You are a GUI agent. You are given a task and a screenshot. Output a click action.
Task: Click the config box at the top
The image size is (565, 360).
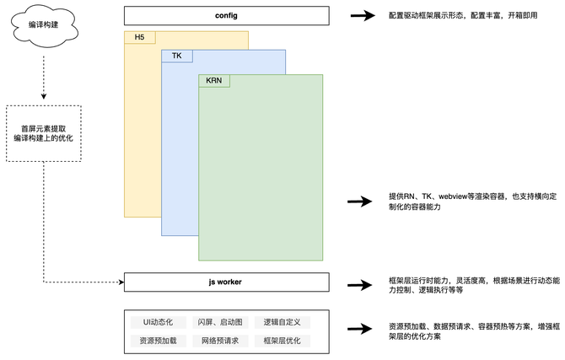[x=226, y=15]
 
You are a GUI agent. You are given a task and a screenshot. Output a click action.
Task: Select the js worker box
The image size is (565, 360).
[x=226, y=282]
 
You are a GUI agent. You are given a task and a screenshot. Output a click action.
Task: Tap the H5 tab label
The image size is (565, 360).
[x=140, y=37]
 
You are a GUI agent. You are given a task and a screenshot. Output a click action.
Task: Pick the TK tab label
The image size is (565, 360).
[x=177, y=56]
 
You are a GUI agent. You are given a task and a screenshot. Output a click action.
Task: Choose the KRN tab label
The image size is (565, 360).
[x=214, y=81]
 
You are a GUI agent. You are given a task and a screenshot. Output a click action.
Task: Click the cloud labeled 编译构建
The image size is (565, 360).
[x=44, y=25]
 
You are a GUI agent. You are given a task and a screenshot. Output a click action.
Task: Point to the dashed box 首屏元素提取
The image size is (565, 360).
[x=44, y=133]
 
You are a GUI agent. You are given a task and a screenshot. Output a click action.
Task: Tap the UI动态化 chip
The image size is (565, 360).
[x=159, y=322]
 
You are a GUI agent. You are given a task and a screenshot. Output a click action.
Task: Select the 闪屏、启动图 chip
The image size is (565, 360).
[x=220, y=322]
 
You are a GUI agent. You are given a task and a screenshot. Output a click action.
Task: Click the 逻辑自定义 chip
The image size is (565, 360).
[x=282, y=322]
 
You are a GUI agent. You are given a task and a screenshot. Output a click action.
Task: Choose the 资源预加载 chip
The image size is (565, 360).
[x=159, y=341]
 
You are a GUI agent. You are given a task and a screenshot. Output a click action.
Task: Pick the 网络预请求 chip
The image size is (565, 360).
[x=220, y=341]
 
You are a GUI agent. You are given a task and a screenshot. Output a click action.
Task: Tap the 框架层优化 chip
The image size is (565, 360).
[x=282, y=341]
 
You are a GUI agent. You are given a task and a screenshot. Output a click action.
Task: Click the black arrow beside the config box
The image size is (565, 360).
[x=363, y=15]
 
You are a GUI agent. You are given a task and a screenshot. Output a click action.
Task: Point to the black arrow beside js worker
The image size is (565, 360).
[x=360, y=285]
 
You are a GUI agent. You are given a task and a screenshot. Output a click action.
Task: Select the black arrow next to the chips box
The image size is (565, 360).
[x=360, y=329]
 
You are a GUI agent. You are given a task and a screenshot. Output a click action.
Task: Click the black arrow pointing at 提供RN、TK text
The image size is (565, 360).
[x=360, y=201]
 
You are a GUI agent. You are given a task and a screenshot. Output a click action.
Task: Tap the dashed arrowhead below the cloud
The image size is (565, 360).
[x=44, y=96]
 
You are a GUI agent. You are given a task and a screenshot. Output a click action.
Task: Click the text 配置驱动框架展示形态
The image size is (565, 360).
[x=426, y=15]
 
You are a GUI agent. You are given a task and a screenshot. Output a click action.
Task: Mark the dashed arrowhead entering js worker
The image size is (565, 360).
[x=121, y=282]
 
